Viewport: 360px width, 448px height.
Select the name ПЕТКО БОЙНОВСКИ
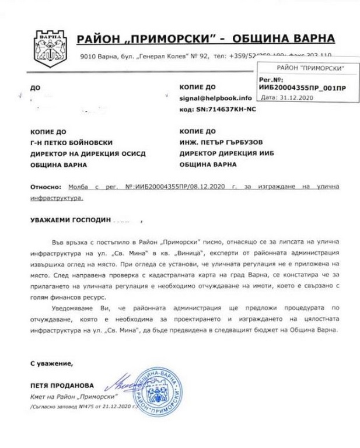click(79, 143)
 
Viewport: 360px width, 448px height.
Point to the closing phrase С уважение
click(52, 363)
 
